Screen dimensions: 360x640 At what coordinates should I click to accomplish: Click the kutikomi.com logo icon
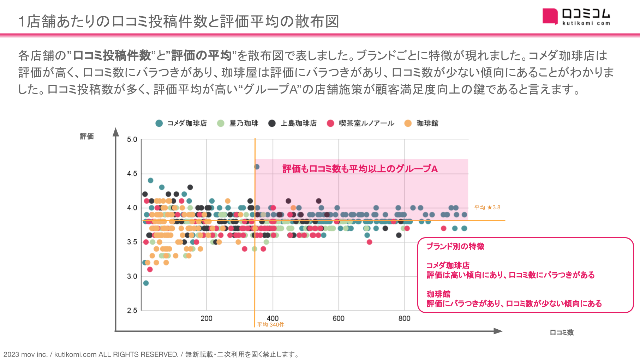pos(550,16)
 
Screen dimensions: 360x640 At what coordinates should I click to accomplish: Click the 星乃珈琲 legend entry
pos(238,123)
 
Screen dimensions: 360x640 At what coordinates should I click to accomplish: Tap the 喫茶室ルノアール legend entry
pos(361,123)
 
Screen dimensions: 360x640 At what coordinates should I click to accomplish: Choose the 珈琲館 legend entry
pos(421,123)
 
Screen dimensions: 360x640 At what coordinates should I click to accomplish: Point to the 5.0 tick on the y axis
pos(132,139)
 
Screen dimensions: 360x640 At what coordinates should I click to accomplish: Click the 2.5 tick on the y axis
pos(132,311)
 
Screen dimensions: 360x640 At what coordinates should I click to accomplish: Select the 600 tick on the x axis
pos(338,318)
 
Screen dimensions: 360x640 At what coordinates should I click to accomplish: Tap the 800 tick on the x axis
pos(404,318)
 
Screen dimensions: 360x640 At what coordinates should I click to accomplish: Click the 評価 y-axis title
pos(87,137)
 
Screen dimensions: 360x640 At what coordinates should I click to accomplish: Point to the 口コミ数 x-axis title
pos(562,332)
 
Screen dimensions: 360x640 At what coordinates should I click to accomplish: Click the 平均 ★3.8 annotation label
pos(487,208)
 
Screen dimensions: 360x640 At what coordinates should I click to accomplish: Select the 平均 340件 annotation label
pos(270,325)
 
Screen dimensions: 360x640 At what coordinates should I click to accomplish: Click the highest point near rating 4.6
pos(257,167)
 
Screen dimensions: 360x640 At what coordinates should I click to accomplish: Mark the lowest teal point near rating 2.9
pos(146,283)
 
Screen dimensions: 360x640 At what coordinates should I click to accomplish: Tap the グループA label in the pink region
pos(360,169)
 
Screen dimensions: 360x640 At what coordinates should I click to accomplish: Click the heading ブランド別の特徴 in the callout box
pos(455,246)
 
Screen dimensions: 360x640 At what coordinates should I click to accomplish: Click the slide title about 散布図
pos(179,22)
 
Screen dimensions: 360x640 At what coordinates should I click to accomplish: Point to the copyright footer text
pos(151,354)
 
